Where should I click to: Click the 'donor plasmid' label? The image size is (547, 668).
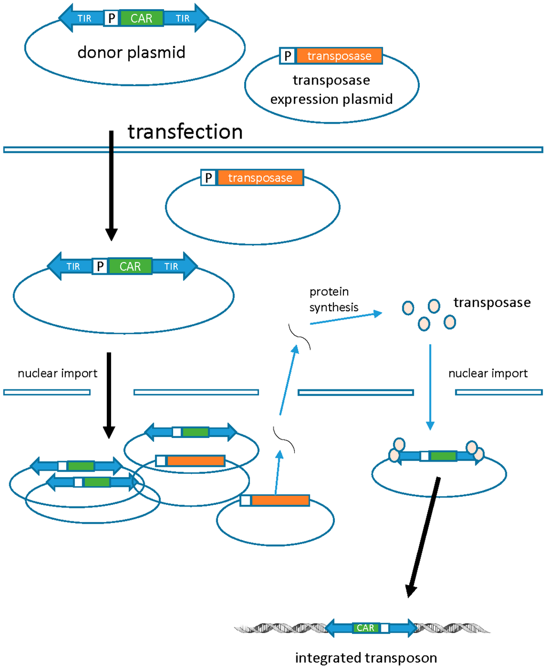[x=131, y=52]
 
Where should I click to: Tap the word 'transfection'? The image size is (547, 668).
[x=185, y=132]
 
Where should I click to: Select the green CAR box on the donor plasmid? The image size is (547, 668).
[x=142, y=18]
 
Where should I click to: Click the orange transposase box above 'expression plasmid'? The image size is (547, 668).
[x=339, y=56]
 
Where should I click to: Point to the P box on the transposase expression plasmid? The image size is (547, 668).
[x=287, y=56]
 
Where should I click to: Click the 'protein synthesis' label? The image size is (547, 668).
[x=334, y=300]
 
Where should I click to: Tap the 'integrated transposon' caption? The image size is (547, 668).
[x=366, y=658]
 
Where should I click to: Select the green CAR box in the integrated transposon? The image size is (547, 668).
[x=365, y=628]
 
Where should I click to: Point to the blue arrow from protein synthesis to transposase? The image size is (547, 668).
[x=346, y=318]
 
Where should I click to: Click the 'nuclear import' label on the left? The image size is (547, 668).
[x=58, y=373]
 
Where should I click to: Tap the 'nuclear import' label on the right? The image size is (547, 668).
[x=488, y=373]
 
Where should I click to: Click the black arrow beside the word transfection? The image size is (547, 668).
[x=111, y=186]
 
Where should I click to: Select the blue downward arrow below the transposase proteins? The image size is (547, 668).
[x=430, y=387]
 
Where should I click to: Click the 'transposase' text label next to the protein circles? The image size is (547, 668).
[x=492, y=303]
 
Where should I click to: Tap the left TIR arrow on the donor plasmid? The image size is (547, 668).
[x=81, y=18]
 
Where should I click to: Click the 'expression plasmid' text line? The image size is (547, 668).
[x=331, y=99]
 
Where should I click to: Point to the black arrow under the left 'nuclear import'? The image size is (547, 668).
[x=109, y=395]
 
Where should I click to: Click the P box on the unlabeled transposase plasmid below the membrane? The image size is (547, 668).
[x=208, y=178]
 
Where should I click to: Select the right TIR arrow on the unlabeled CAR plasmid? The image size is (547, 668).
[x=175, y=266]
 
